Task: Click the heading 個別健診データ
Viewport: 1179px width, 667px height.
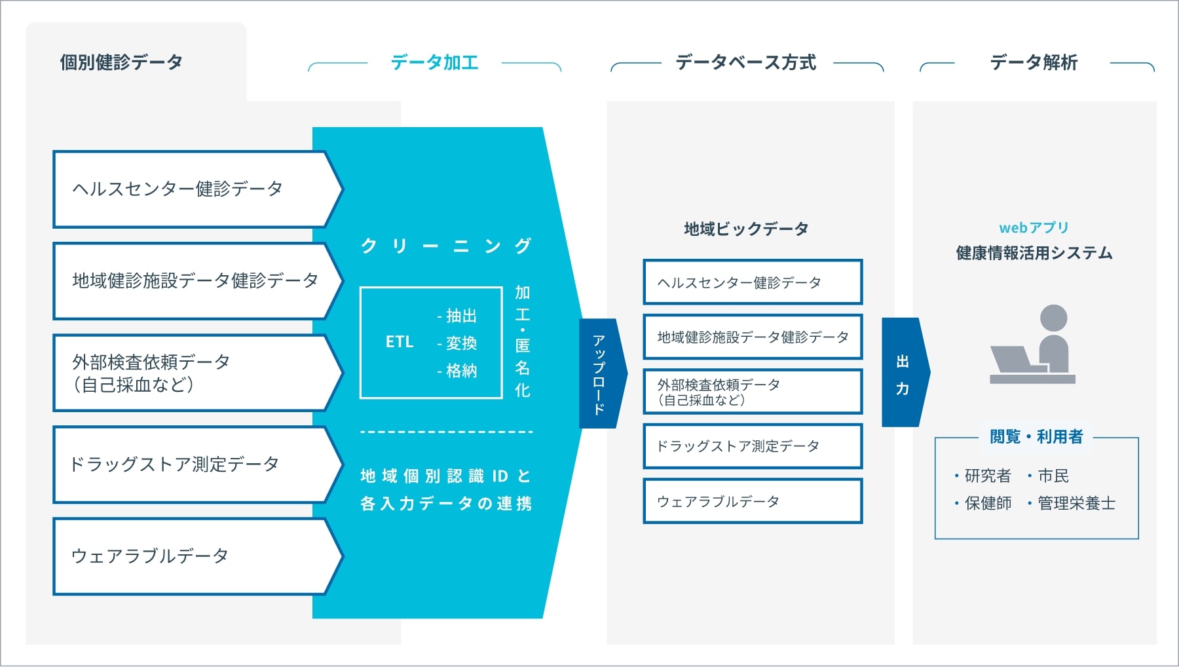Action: click(x=121, y=62)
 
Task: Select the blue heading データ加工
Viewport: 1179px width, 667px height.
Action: click(x=434, y=62)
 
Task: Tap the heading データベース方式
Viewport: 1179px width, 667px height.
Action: click(x=746, y=62)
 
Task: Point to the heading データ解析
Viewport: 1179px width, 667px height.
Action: click(x=1034, y=62)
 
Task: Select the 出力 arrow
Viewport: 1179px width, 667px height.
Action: click(x=905, y=372)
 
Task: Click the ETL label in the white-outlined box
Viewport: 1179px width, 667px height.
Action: click(x=400, y=342)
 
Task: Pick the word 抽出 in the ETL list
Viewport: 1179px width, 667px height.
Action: click(x=461, y=316)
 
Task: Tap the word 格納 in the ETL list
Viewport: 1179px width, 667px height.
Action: click(x=461, y=371)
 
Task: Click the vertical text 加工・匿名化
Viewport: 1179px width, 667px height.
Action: click(x=522, y=341)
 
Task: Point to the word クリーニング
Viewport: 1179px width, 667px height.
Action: click(x=446, y=246)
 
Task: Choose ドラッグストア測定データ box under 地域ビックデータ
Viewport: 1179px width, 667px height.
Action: click(x=753, y=446)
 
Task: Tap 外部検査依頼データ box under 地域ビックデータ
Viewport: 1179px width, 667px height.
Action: click(x=753, y=392)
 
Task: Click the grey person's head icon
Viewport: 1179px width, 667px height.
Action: click(x=1053, y=318)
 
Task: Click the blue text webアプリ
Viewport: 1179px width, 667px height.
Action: click(x=1034, y=227)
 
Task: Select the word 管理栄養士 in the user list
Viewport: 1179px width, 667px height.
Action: click(x=1076, y=503)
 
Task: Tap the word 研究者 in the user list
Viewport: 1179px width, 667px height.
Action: click(x=988, y=476)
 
